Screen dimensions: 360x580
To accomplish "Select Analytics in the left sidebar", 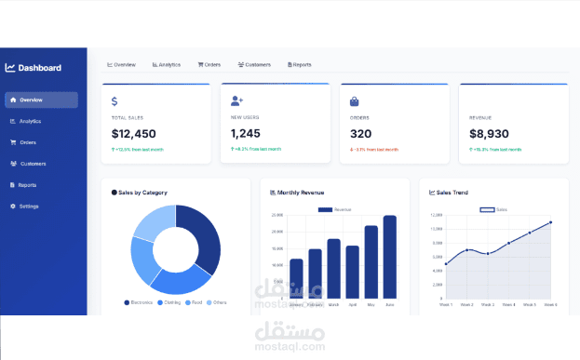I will pyautogui.click(x=31, y=121).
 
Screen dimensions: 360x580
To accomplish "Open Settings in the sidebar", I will pyautogui.click(x=29, y=206).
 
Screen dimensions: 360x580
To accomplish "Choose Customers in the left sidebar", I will pyautogui.click(x=33, y=164).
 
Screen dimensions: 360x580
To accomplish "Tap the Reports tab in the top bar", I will pyautogui.click(x=300, y=65).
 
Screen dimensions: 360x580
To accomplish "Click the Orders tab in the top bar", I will pyautogui.click(x=209, y=65).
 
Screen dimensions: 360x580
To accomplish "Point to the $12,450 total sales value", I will pyautogui.click(x=134, y=134).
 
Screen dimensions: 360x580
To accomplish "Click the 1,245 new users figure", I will pyautogui.click(x=246, y=134).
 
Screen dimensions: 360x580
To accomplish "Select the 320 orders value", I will pyautogui.click(x=360, y=134).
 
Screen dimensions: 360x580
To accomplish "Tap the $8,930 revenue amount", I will pyautogui.click(x=489, y=134).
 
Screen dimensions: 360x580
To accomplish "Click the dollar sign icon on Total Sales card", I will pyautogui.click(x=115, y=101).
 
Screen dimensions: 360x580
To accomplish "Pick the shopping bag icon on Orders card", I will pyautogui.click(x=355, y=101).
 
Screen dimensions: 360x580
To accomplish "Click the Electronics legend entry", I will pyautogui.click(x=139, y=302).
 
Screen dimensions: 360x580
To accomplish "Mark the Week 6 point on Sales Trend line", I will pyautogui.click(x=550, y=222).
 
